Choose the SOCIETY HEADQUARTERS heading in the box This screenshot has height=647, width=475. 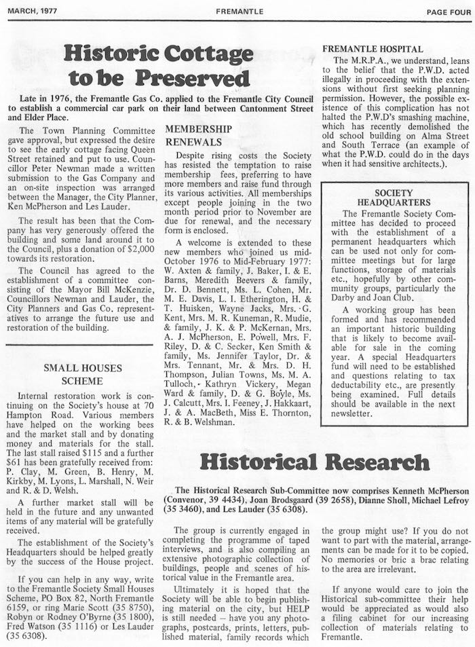pos(393,197)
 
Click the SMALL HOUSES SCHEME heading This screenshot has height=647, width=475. pos(83,375)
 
